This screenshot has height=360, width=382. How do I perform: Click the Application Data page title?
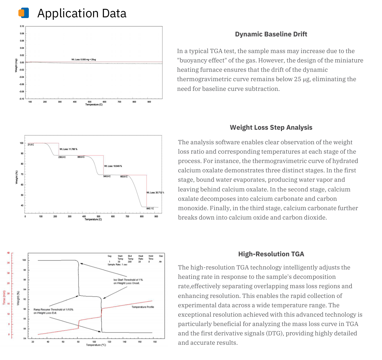pyautogui.click(x=82, y=13)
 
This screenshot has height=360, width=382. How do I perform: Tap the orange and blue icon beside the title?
pyautogui.click(x=24, y=13)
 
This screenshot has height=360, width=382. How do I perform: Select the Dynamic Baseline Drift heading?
pyautogui.click(x=271, y=34)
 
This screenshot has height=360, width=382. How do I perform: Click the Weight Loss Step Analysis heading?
pyautogui.click(x=271, y=127)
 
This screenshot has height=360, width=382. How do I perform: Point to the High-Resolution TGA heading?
pyautogui.click(x=271, y=254)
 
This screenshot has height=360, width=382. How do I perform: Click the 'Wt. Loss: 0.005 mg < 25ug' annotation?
pyautogui.click(x=84, y=60)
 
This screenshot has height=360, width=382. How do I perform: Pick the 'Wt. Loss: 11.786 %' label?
pyautogui.click(x=68, y=149)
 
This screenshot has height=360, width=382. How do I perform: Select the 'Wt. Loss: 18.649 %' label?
pyautogui.click(x=113, y=166)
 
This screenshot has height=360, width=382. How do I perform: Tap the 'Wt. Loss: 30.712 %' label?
pyautogui.click(x=155, y=192)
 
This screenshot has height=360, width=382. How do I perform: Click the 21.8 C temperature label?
pyautogui.click(x=31, y=145)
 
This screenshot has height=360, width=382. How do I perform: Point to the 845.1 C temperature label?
pyautogui.click(x=150, y=208)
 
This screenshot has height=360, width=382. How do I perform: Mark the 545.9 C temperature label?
pyautogui.click(x=107, y=177)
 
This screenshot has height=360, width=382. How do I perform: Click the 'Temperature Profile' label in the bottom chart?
pyautogui.click(x=143, y=307)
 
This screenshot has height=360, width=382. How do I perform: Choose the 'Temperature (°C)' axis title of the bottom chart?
pyautogui.click(x=96, y=345)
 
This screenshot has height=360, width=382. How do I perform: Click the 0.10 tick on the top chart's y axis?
pyautogui.click(x=22, y=26)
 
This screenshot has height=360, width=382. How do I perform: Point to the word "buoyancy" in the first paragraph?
pyautogui.click(x=192, y=60)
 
